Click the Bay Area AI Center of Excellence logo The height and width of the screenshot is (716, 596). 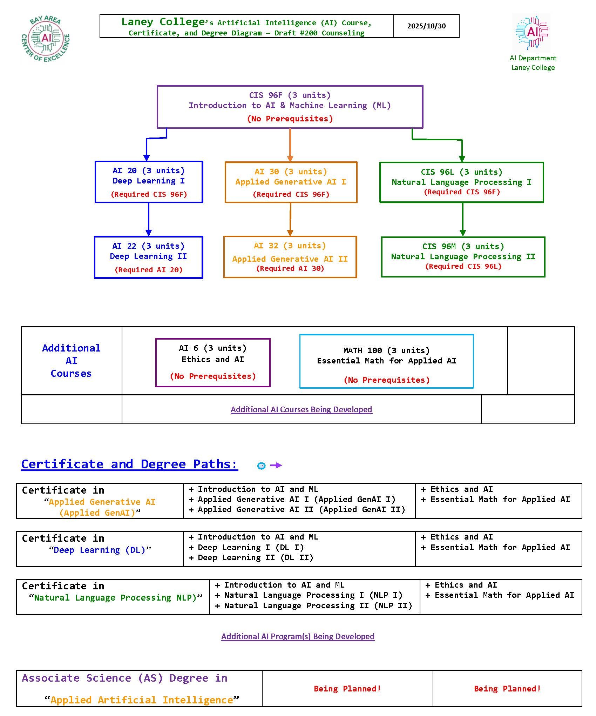pyautogui.click(x=46, y=38)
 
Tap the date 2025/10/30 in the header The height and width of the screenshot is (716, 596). pyautogui.click(x=426, y=26)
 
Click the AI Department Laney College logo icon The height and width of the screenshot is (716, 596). pyautogui.click(x=532, y=33)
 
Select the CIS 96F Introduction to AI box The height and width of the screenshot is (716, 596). pyautogui.click(x=290, y=107)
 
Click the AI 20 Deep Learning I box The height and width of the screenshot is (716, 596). pyautogui.click(x=149, y=182)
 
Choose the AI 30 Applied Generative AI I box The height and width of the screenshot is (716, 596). pyautogui.click(x=291, y=182)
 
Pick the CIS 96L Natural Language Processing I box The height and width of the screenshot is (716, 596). pyautogui.click(x=461, y=182)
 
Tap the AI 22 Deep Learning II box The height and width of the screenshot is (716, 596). pyautogui.click(x=148, y=257)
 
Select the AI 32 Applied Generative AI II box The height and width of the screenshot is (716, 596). pyautogui.click(x=290, y=257)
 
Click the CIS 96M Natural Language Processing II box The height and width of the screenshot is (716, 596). pyautogui.click(x=463, y=257)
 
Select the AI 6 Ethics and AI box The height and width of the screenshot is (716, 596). pyautogui.click(x=213, y=362)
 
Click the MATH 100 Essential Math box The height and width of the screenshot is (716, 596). pyautogui.click(x=386, y=361)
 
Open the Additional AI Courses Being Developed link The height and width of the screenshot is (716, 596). pyautogui.click(x=301, y=409)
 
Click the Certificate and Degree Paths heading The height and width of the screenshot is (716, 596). pyautogui.click(x=129, y=464)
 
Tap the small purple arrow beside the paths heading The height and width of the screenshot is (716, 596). pyautogui.click(x=276, y=465)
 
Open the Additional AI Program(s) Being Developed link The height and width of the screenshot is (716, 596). pyautogui.click(x=298, y=636)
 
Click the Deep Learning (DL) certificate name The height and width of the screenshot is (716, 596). pyautogui.click(x=100, y=550)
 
